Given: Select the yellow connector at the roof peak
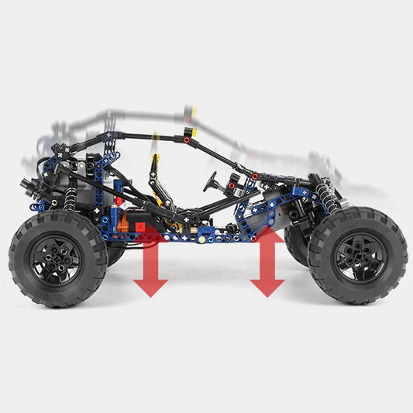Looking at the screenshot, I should tap(190, 133).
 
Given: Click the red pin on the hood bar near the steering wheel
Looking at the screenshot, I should tap(254, 177).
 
